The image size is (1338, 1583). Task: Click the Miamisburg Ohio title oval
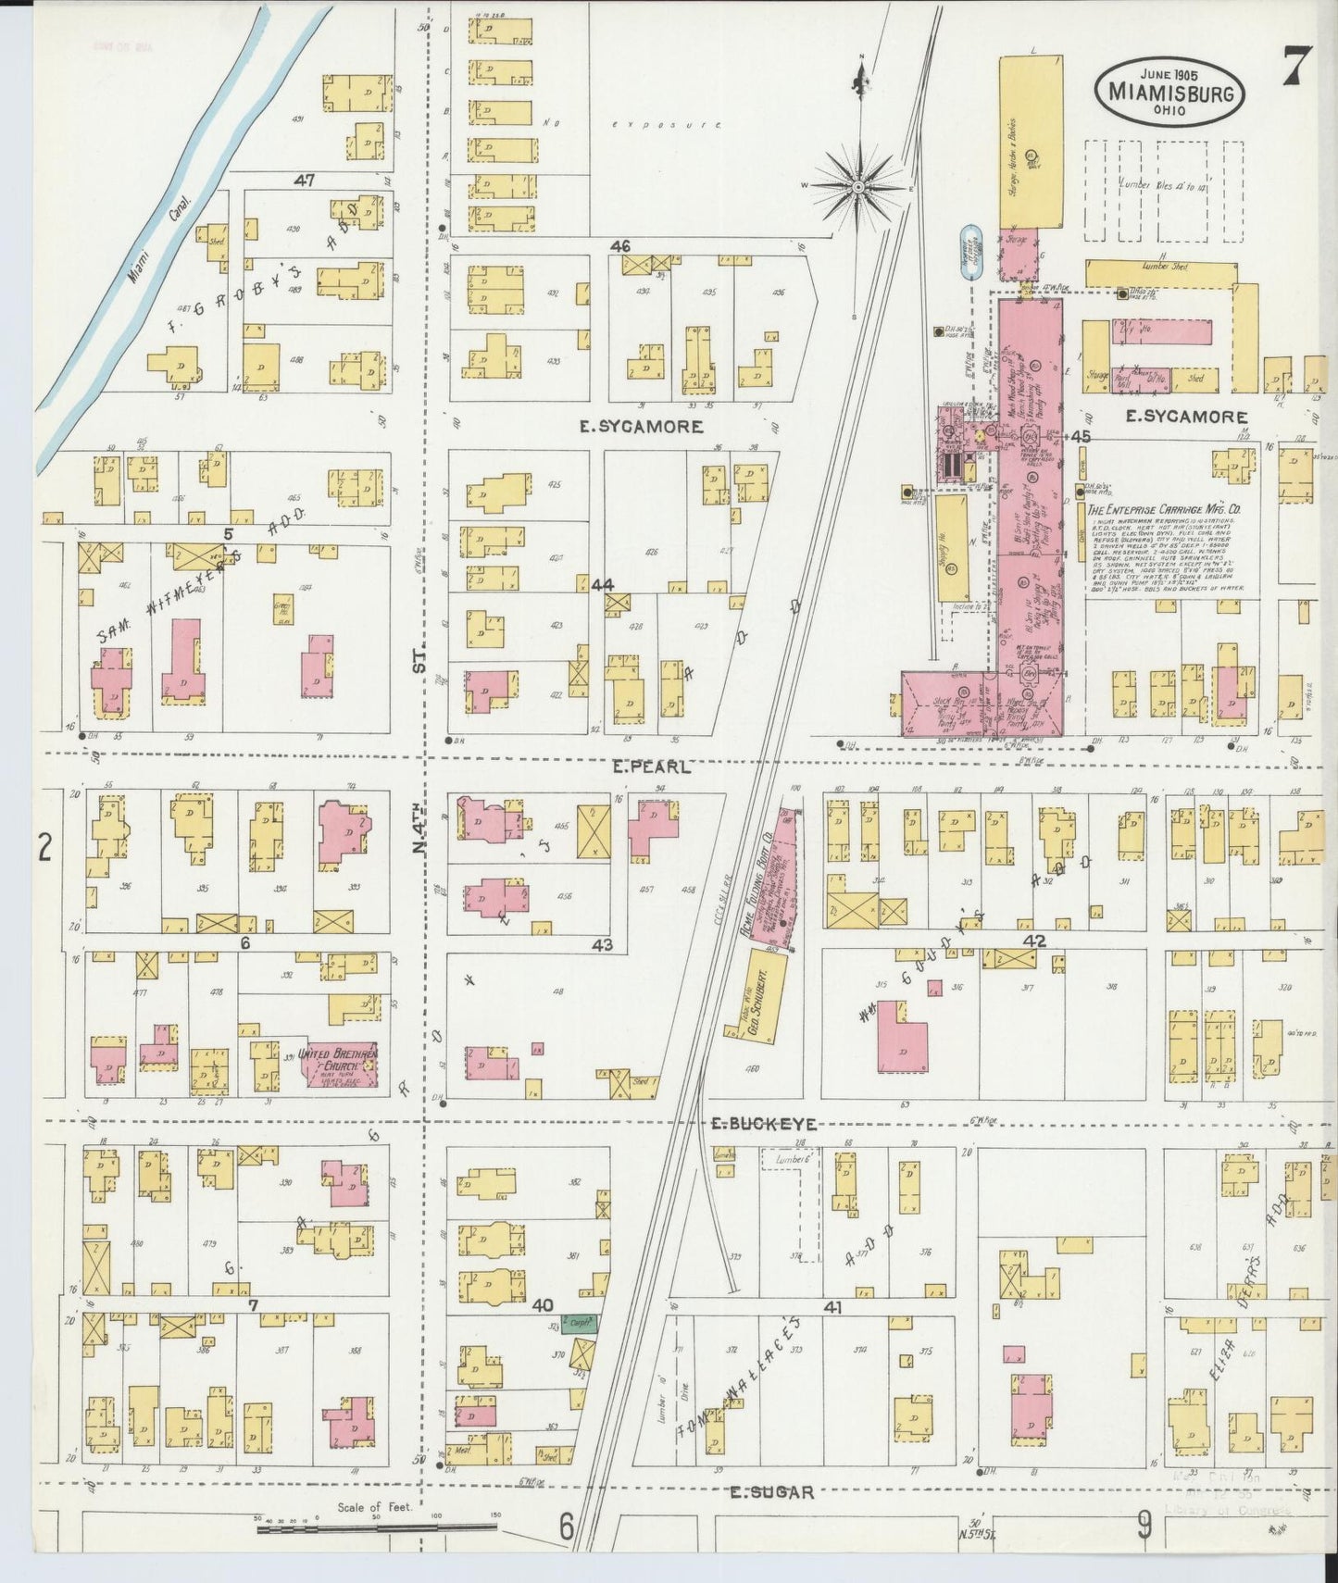coord(1169,91)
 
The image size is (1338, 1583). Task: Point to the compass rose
coord(858,185)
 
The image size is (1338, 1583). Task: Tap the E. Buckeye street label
coord(763,1124)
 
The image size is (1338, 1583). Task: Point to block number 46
coord(619,246)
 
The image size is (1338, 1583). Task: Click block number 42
coord(1034,941)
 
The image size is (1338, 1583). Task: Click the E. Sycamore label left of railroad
coord(641,427)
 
